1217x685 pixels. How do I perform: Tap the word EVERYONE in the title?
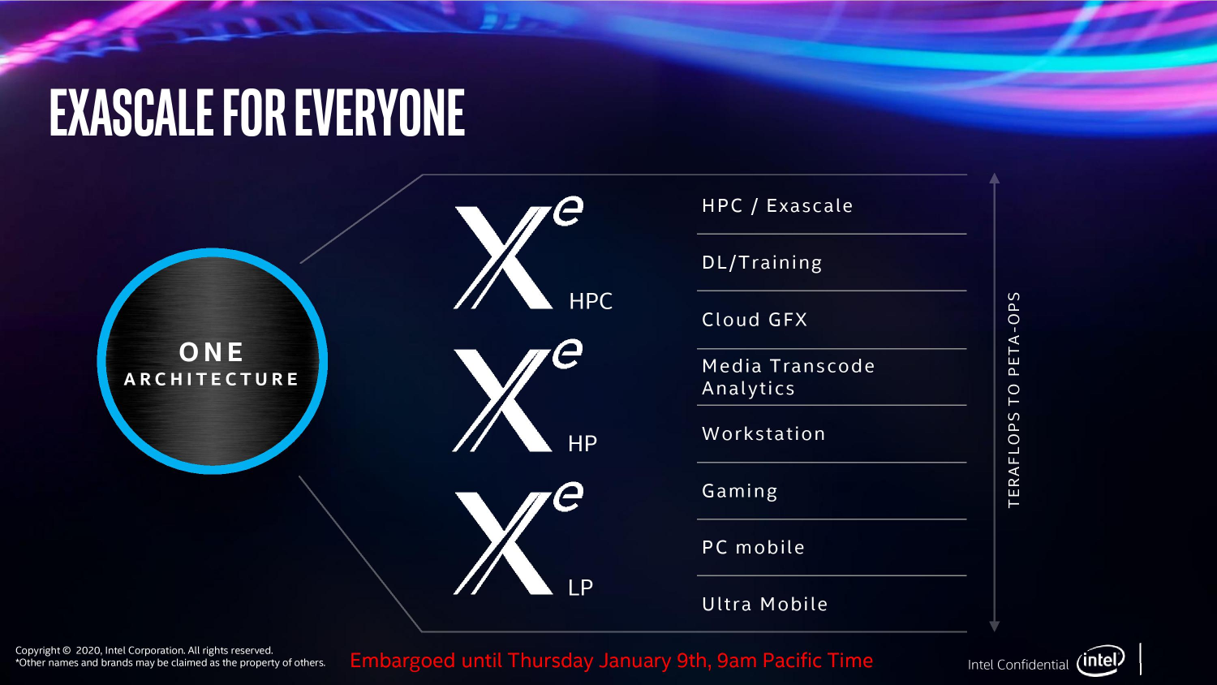coord(380,113)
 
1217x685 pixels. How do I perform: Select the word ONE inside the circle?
coord(212,352)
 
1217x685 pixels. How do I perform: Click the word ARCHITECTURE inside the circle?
coord(212,379)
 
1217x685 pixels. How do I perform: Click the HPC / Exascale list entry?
coord(777,206)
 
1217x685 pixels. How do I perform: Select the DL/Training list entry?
coord(762,263)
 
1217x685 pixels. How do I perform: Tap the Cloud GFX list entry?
coord(755,320)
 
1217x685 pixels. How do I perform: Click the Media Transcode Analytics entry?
coord(788,377)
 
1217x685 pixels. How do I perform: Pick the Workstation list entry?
coord(763,434)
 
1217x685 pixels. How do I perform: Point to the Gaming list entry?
coord(739,492)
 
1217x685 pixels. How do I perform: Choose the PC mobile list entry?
coord(753,548)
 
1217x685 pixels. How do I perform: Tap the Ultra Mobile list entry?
coord(764,605)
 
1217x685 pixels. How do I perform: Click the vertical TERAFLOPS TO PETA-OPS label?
coord(1013,399)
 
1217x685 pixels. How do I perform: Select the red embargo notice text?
coord(611,661)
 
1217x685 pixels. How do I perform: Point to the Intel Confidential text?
coord(1017,665)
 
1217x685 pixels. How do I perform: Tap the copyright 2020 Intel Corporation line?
coord(144,650)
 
